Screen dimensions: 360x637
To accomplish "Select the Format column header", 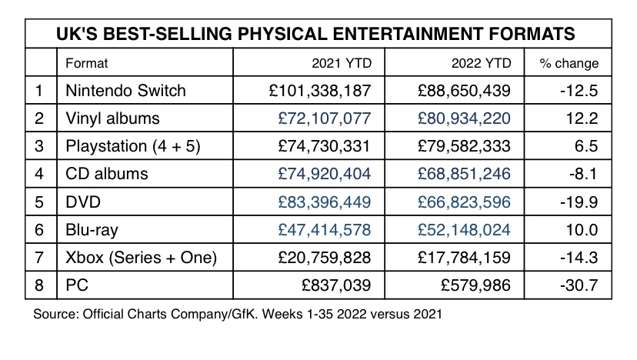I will click(x=87, y=63).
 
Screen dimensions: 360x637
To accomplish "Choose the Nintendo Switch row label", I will click(x=127, y=91).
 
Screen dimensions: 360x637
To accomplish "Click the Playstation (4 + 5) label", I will click(x=134, y=146).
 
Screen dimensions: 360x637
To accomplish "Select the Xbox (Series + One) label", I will click(x=142, y=257).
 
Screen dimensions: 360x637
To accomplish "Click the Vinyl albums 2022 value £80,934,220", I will click(x=464, y=118).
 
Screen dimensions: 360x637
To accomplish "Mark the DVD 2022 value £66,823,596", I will click(x=464, y=202).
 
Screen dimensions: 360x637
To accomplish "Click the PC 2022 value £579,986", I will click(x=477, y=285).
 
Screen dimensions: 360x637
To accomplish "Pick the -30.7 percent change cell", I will click(x=580, y=285).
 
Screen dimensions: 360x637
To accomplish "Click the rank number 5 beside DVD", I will click(x=40, y=202).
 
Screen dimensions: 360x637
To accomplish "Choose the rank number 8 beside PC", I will click(x=40, y=285).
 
